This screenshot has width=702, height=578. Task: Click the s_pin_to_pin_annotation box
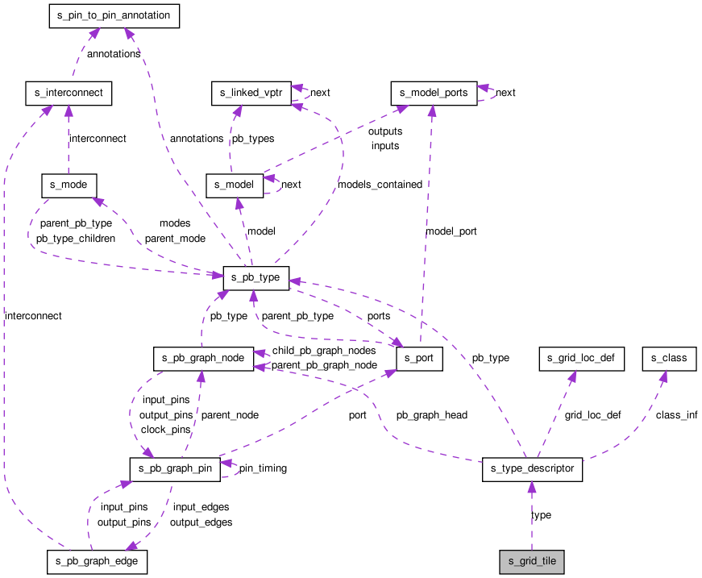click(x=114, y=16)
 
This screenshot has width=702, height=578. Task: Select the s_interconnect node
click(x=69, y=94)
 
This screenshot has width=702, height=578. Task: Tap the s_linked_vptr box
click(x=251, y=94)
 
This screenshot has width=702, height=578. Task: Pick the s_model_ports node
click(x=434, y=94)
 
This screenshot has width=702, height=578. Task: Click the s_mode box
click(x=69, y=185)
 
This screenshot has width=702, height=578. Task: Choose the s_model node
click(x=235, y=185)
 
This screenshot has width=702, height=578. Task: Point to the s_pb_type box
click(x=256, y=278)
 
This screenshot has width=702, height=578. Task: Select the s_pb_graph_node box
click(x=203, y=359)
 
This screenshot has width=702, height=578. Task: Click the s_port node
click(x=419, y=359)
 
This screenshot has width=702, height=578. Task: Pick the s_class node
click(x=669, y=359)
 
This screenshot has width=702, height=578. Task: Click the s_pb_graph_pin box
click(x=175, y=469)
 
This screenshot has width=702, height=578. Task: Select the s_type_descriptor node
click(x=532, y=469)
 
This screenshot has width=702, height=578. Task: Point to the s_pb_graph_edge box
click(x=98, y=562)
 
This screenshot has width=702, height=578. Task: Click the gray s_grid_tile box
click(x=532, y=562)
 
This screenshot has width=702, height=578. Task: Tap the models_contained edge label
click(x=380, y=185)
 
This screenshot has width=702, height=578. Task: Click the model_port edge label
click(x=451, y=231)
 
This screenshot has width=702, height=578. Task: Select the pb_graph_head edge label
click(x=431, y=415)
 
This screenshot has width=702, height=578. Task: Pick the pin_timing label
click(x=263, y=468)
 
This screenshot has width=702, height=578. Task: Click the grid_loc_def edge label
click(x=592, y=415)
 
